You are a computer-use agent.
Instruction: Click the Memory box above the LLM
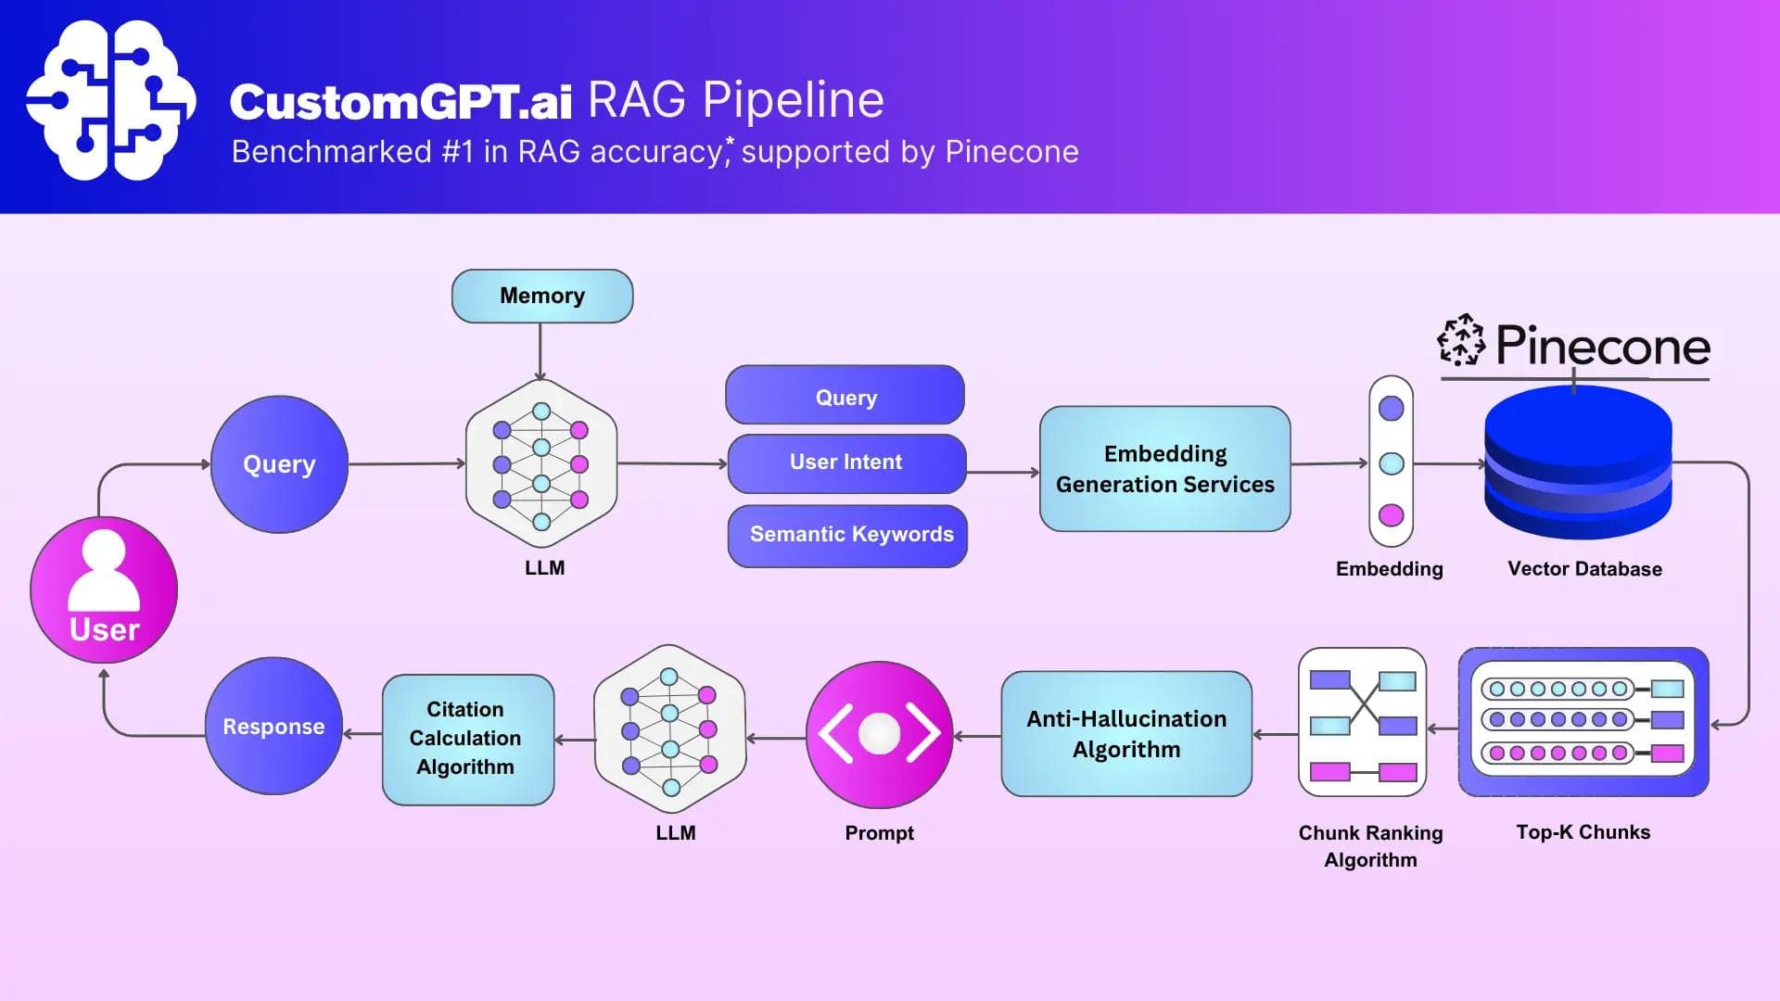tap(542, 296)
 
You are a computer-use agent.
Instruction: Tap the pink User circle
tap(104, 589)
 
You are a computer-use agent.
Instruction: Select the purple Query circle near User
tap(279, 464)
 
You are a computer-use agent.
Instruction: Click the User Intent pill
tap(846, 462)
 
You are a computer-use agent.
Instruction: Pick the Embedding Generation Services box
tap(1164, 469)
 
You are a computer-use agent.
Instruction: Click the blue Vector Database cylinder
tap(1578, 463)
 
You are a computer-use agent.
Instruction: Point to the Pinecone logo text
tap(1602, 346)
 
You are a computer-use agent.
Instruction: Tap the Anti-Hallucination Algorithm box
tap(1126, 734)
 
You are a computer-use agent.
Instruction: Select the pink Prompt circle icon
tap(879, 734)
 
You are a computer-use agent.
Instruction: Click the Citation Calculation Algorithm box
tap(467, 739)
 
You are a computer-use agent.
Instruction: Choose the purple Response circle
tap(273, 726)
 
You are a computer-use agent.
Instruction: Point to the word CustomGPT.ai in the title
tap(400, 101)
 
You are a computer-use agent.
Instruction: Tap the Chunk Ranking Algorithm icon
tap(1362, 722)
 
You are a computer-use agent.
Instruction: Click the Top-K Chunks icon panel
tap(1583, 721)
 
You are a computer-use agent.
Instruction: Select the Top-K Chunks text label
tap(1583, 832)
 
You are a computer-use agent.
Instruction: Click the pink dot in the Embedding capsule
tap(1391, 515)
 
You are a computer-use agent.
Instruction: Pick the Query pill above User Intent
tap(845, 397)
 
